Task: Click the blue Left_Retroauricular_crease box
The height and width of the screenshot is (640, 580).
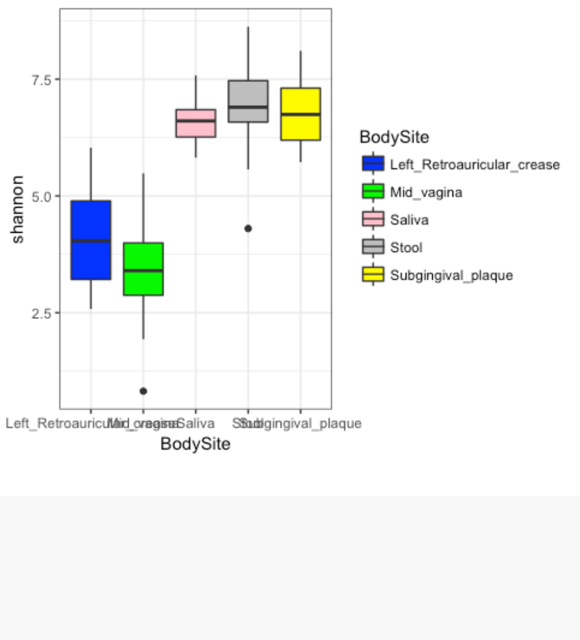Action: pos(91,240)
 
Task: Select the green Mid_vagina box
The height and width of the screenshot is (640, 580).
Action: pos(143,269)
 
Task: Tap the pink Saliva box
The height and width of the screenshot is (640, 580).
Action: pos(195,123)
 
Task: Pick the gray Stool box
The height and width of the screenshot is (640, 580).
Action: pos(248,101)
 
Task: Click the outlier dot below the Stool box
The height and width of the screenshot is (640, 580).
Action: pos(248,229)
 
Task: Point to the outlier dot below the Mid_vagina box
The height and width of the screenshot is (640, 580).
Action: pos(143,391)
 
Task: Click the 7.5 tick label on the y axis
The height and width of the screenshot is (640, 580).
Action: pos(42,79)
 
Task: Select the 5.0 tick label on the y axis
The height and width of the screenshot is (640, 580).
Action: pos(42,196)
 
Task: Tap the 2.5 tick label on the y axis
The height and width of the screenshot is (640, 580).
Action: pos(42,312)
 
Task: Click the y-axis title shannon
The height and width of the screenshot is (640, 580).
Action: pos(18,209)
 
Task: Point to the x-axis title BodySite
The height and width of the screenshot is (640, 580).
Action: pos(195,444)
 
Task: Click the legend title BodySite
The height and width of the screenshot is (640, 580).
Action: pos(394,137)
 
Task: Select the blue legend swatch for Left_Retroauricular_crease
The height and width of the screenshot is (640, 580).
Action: pos(373,164)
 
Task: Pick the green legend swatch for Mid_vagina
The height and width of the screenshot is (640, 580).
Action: pos(373,192)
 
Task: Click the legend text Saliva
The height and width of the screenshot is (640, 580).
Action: pos(409,220)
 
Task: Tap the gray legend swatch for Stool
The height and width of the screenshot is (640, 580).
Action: pos(373,247)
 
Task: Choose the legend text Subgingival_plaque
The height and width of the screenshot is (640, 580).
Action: pos(451,275)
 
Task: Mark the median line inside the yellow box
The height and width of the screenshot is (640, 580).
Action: pos(300,115)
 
